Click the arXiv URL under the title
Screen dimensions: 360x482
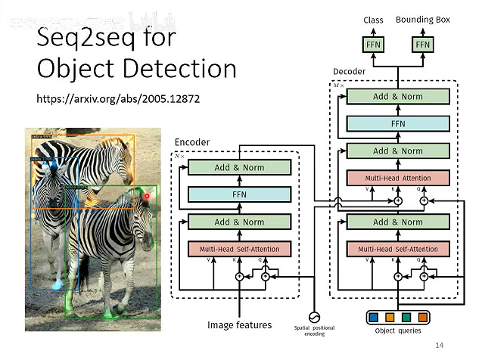(x=118, y=99)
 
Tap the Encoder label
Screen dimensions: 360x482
(x=192, y=142)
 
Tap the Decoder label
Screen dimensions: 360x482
(x=349, y=72)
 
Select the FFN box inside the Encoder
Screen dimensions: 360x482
(x=239, y=194)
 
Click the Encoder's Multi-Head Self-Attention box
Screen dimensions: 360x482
(x=239, y=249)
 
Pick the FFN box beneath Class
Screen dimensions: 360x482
(x=374, y=45)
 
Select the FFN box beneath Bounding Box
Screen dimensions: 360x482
(x=422, y=45)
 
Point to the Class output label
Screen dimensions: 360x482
(x=374, y=20)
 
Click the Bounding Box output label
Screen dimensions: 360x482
(x=422, y=20)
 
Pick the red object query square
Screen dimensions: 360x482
(x=422, y=316)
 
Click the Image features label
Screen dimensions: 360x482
(x=239, y=325)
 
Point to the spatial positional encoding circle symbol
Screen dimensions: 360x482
(x=313, y=317)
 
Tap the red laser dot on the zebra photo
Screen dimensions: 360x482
(x=148, y=196)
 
